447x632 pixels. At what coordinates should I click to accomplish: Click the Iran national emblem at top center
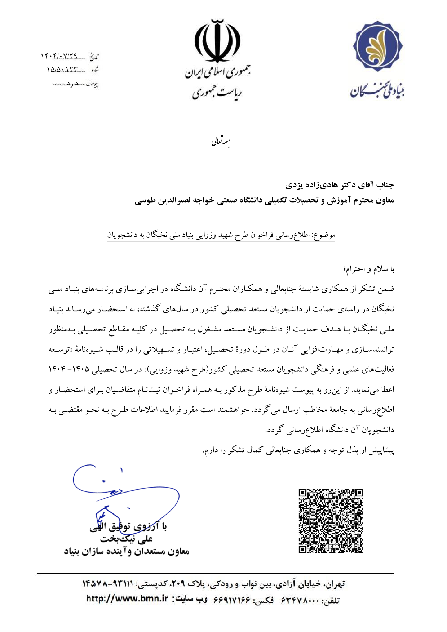tap(217, 42)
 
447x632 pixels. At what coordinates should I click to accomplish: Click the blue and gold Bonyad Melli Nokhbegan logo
tap(378, 46)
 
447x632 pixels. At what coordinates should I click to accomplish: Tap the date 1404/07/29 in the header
tap(59, 56)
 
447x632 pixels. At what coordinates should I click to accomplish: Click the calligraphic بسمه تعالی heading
tap(221, 142)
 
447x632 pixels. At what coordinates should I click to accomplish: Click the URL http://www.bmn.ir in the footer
tap(127, 598)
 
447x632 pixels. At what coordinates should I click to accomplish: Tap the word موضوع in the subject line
tap(326, 235)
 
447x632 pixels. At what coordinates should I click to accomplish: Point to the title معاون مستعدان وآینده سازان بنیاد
tap(126, 551)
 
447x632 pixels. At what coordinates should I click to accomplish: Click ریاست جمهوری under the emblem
tap(217, 93)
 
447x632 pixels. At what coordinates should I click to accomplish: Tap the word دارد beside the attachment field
tap(72, 84)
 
